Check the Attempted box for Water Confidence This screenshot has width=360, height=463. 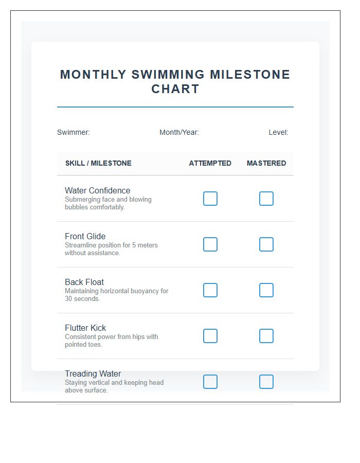click(x=210, y=199)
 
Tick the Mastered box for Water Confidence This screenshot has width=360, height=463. click(x=266, y=199)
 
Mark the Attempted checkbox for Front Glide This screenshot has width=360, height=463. click(x=210, y=244)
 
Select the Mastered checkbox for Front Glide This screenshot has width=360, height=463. click(x=266, y=244)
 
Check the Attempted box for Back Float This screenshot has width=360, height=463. click(x=210, y=290)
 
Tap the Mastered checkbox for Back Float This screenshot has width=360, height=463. click(x=266, y=290)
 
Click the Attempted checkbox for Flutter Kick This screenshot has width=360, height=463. click(x=210, y=336)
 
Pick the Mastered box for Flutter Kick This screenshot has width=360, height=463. click(x=266, y=336)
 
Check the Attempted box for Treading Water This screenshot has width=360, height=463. click(x=210, y=382)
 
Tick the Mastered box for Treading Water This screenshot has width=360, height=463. click(x=266, y=382)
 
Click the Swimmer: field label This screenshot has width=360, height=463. click(x=73, y=132)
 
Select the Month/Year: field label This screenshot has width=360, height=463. click(x=179, y=132)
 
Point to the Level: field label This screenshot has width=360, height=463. click(x=278, y=132)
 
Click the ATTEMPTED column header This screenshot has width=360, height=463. click(x=210, y=163)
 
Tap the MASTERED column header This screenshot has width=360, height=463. click(x=266, y=163)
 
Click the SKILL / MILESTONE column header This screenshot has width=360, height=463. click(x=98, y=163)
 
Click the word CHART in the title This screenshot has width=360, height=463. click(x=175, y=89)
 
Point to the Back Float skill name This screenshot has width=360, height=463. click(x=84, y=282)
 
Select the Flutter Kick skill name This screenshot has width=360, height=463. click(x=85, y=328)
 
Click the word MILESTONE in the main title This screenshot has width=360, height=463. click(x=250, y=75)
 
